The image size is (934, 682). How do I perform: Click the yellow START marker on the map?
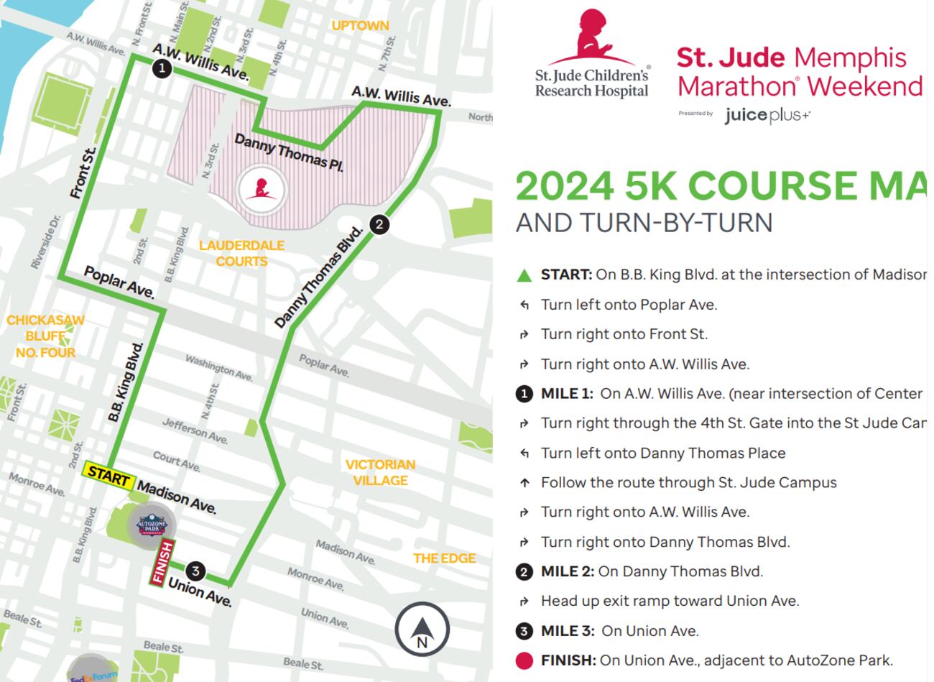tap(108, 474)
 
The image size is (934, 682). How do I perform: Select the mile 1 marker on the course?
tap(162, 68)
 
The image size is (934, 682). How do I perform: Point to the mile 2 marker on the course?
tap(379, 224)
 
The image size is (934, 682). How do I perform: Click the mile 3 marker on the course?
tap(195, 572)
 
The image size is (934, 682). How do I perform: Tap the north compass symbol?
tap(422, 629)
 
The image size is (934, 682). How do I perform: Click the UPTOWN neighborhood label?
tap(360, 26)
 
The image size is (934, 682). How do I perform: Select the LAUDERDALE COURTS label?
tap(241, 253)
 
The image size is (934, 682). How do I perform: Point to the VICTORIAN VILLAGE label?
tap(380, 472)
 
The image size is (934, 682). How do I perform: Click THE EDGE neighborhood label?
tap(444, 558)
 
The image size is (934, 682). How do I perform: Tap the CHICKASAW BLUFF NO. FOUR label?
tap(45, 336)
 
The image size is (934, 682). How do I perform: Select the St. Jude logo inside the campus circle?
tap(261, 190)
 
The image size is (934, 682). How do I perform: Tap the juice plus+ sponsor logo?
tap(767, 115)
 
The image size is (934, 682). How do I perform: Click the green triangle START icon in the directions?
tap(524, 275)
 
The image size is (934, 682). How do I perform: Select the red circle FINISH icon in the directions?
tap(524, 660)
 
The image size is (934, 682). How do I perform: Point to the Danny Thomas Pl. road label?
tap(288, 152)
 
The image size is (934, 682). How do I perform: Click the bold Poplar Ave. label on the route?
tap(119, 282)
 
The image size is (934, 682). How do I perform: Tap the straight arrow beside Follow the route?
tap(524, 483)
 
